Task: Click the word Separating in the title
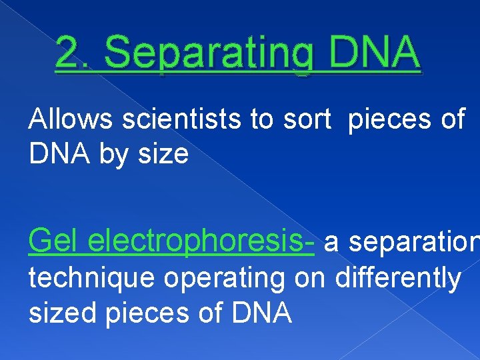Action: [199, 54]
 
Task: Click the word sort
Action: [308, 120]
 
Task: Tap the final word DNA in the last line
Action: [259, 312]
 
